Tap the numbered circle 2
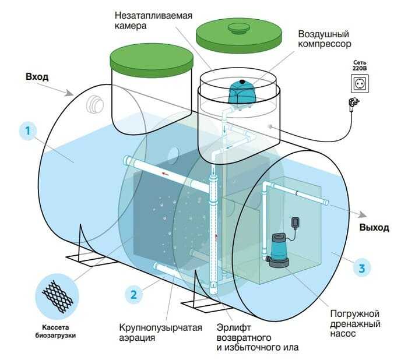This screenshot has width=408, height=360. [x=133, y=294]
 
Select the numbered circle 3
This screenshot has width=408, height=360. [x=362, y=269]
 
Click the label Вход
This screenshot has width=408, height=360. [x=37, y=76]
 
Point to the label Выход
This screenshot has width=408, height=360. [x=374, y=227]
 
